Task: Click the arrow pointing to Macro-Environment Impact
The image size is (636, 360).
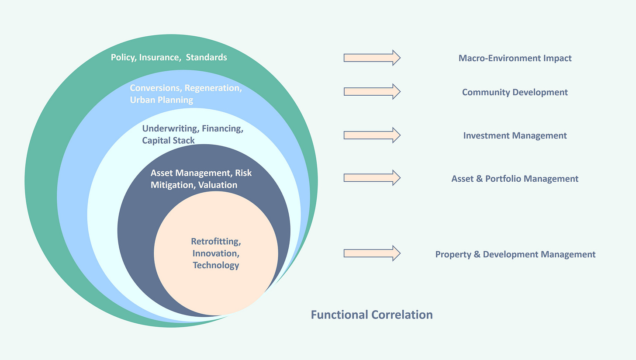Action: pos(372,58)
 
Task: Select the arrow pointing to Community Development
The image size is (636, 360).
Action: pos(372,91)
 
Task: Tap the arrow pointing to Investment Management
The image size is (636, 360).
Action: pos(372,135)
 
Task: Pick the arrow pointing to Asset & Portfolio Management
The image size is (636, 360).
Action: pos(372,177)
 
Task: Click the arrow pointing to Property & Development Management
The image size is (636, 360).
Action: pos(372,253)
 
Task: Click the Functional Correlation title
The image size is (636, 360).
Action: pos(371,315)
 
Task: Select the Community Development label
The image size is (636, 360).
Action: pos(515,92)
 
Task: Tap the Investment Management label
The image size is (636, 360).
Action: pos(515,135)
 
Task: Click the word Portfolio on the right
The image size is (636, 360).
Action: pos(503,179)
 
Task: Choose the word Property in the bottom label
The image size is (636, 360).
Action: pos(453,254)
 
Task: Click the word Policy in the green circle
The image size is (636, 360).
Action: pos(123,57)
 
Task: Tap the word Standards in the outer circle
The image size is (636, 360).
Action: pos(207,57)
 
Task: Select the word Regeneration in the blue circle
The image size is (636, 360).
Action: pos(212,88)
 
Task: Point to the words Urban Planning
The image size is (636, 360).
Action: pos(161,100)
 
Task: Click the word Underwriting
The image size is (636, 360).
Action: pos(169,129)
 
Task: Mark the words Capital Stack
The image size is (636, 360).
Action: pos(168,140)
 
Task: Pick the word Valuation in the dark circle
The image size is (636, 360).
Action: pos(218,185)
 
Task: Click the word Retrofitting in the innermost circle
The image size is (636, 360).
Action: pos(216,242)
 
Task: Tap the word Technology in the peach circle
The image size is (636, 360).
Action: pos(216,265)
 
